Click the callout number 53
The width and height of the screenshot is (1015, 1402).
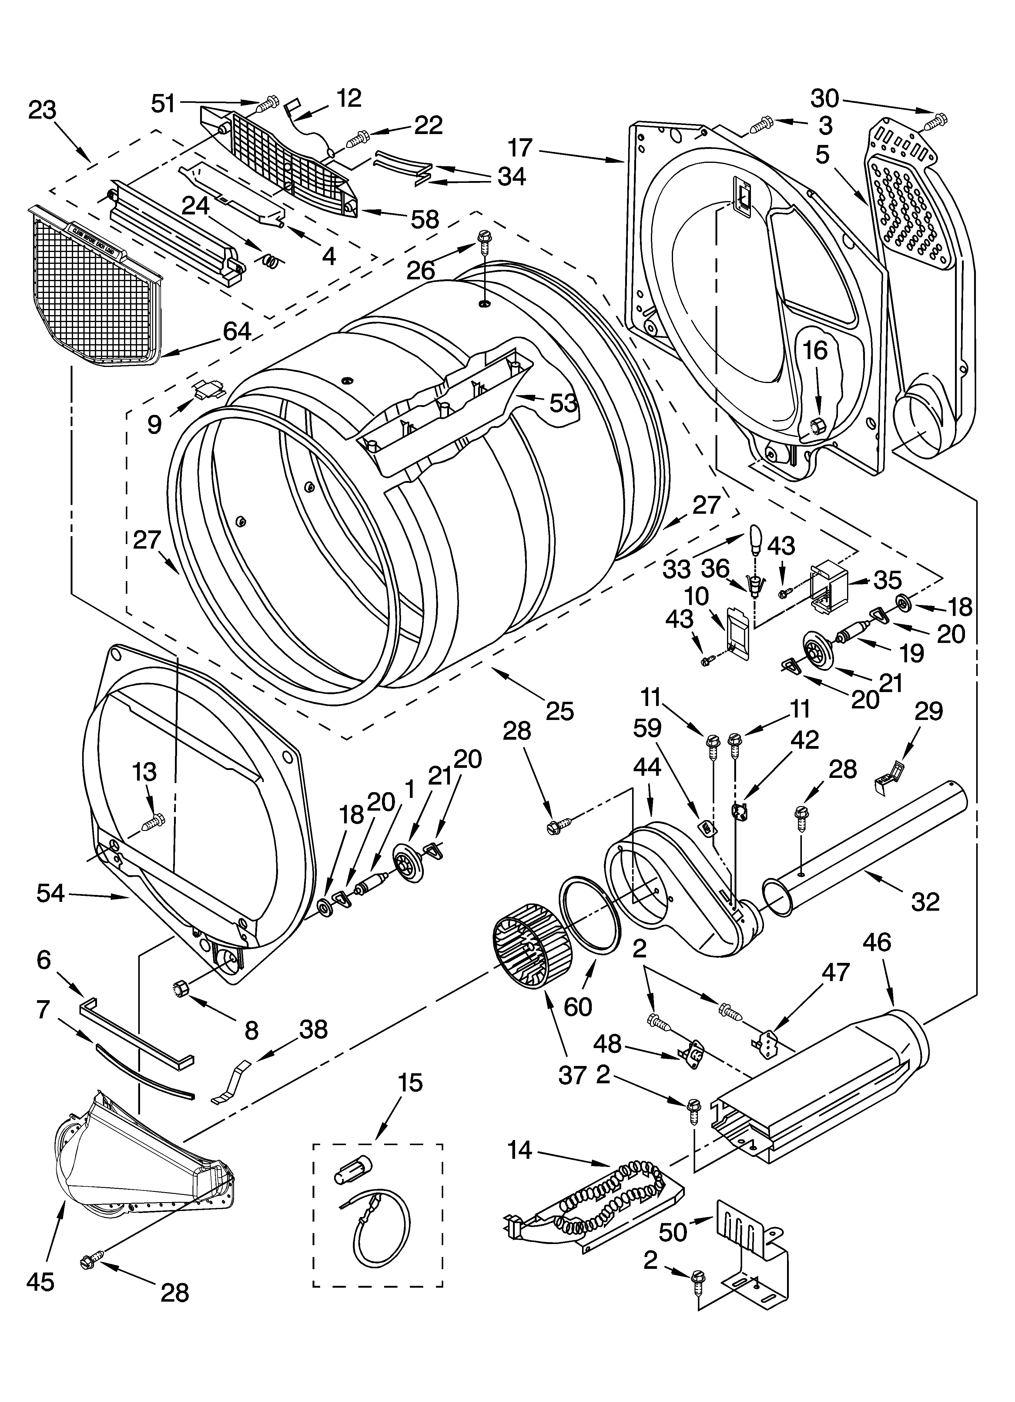(x=563, y=403)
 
